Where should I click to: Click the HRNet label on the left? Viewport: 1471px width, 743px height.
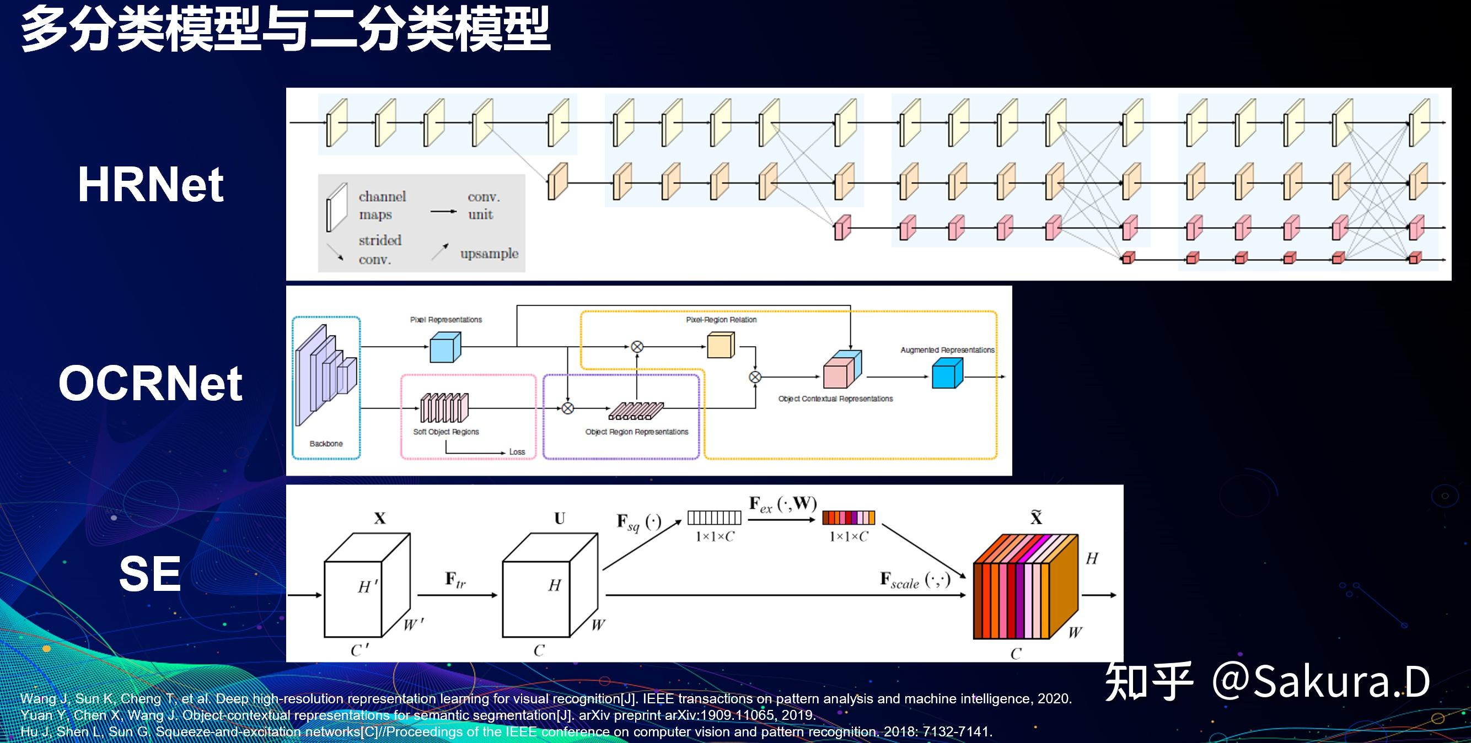coord(150,184)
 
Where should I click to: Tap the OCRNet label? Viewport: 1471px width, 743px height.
coord(150,383)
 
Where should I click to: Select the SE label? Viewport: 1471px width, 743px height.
coord(149,574)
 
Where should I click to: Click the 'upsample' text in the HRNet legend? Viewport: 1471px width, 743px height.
coord(489,254)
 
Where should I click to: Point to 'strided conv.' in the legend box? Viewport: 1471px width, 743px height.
coord(380,249)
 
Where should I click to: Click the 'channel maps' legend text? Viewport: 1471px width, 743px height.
coord(382,206)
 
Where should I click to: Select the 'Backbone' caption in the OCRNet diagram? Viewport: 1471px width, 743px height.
coord(326,443)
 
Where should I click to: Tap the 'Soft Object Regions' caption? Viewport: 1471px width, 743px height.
coord(446,432)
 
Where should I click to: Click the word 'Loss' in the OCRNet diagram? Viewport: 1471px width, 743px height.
coord(517,452)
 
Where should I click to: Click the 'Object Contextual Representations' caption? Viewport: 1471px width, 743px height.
coord(835,399)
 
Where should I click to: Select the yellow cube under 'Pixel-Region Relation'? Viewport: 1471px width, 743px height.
coord(721,345)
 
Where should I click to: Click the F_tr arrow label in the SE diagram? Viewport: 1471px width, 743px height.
coord(455,580)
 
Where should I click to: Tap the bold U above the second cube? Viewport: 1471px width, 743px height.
coord(559,518)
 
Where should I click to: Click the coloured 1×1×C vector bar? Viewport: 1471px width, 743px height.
coord(848,518)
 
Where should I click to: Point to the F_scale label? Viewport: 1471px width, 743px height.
coord(914,580)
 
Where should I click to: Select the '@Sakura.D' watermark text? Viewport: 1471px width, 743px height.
coord(1320,681)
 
